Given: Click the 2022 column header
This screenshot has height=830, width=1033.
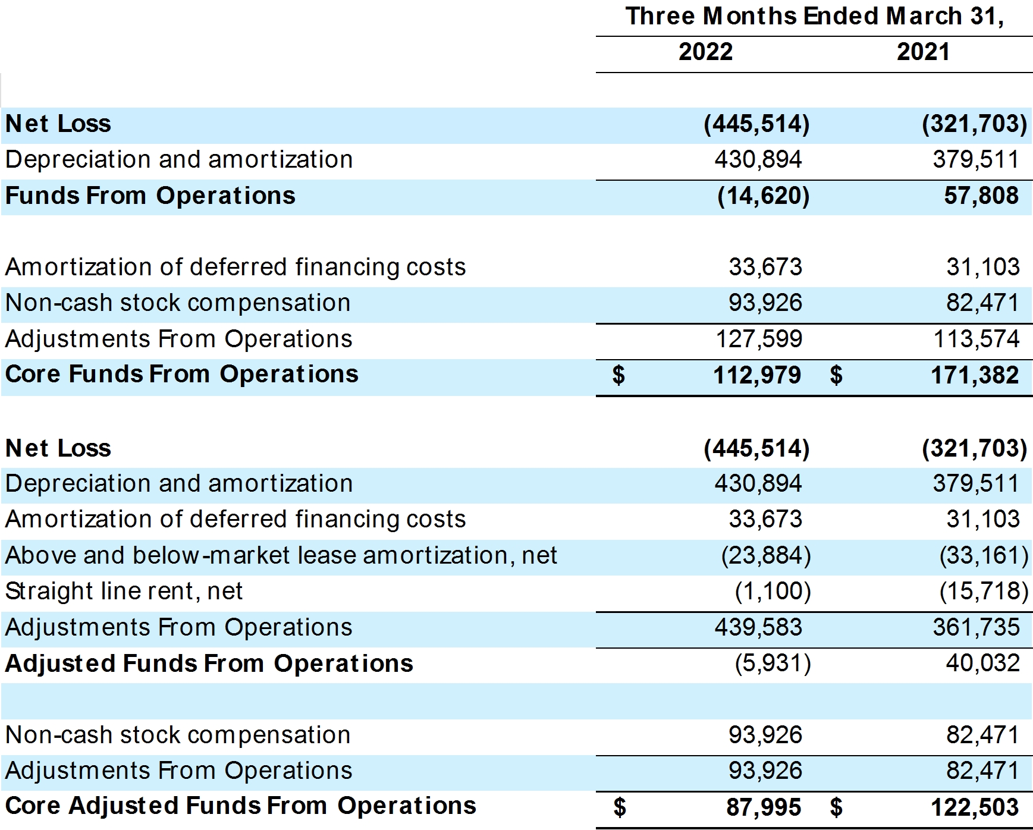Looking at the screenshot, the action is tap(705, 52).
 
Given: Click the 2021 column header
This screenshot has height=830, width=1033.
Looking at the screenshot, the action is tap(923, 52).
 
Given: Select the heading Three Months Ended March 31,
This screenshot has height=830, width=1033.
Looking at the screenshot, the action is tap(815, 16).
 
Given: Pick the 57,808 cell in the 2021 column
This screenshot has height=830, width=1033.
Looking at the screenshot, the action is tap(981, 196).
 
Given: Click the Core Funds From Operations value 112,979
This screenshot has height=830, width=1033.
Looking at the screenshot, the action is tap(757, 375).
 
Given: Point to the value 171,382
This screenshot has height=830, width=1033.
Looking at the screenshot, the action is tap(975, 375).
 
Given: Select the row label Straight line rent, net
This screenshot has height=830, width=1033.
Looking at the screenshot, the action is tap(124, 591).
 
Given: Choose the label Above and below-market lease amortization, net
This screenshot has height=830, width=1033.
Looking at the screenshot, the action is tap(281, 555).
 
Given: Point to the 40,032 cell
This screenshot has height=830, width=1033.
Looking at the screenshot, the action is tap(982, 663).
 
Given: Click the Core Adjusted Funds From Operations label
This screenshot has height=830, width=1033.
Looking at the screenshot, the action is tap(241, 806).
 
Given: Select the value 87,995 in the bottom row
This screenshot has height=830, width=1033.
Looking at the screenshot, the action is tap(764, 807).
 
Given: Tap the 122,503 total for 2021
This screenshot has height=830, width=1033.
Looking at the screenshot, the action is tap(975, 807).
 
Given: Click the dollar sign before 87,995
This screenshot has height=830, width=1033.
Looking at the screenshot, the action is tap(619, 807).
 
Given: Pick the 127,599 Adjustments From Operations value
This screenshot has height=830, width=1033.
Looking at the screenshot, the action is tap(758, 339).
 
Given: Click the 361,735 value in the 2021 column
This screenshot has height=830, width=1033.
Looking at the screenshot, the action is tap(976, 627).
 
